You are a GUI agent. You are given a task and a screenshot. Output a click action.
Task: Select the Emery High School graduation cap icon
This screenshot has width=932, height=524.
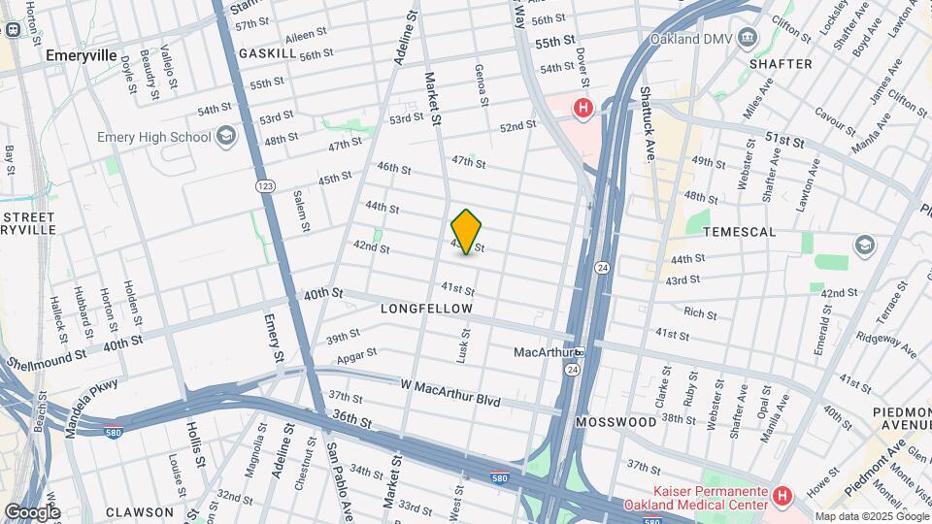coord(226,136)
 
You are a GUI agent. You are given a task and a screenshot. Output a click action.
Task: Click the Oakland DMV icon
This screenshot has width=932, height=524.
coord(747,38)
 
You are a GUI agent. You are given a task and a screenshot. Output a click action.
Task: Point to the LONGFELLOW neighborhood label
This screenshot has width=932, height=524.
coord(427,309)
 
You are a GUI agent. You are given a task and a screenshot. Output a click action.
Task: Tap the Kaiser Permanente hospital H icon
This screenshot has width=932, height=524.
coord(782,496)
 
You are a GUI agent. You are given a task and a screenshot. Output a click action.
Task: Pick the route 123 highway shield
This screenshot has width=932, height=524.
coord(264,185)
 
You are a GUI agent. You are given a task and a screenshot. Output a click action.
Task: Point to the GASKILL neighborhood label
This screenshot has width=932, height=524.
coord(267,53)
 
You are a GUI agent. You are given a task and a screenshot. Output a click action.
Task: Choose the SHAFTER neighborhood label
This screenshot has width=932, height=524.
coord(780,64)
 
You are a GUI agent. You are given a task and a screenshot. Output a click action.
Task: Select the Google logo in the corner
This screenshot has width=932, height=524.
coord(32,511)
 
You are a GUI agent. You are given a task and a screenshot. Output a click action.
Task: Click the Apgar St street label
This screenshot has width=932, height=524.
coord(356,356)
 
